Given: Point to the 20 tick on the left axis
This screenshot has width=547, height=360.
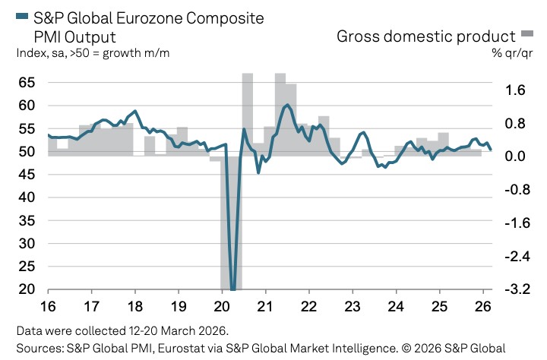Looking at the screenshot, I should pyautogui.click(x=26, y=289).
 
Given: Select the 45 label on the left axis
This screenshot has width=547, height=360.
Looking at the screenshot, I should pyautogui.click(x=26, y=174).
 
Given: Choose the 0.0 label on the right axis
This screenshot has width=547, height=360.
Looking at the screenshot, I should pyautogui.click(x=515, y=156).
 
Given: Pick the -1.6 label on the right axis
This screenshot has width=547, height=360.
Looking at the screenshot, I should pyautogui.click(x=513, y=223).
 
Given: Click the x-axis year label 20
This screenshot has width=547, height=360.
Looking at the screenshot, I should pyautogui.click(x=222, y=308).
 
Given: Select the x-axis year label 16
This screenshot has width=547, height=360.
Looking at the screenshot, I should pyautogui.click(x=48, y=308).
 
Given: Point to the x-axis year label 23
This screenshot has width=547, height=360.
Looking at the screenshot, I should pyautogui.click(x=353, y=308).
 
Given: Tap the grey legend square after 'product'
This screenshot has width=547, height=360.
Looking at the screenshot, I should pyautogui.click(x=528, y=35).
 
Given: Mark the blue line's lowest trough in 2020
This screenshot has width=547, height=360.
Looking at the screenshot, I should pyautogui.click(x=232, y=289).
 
